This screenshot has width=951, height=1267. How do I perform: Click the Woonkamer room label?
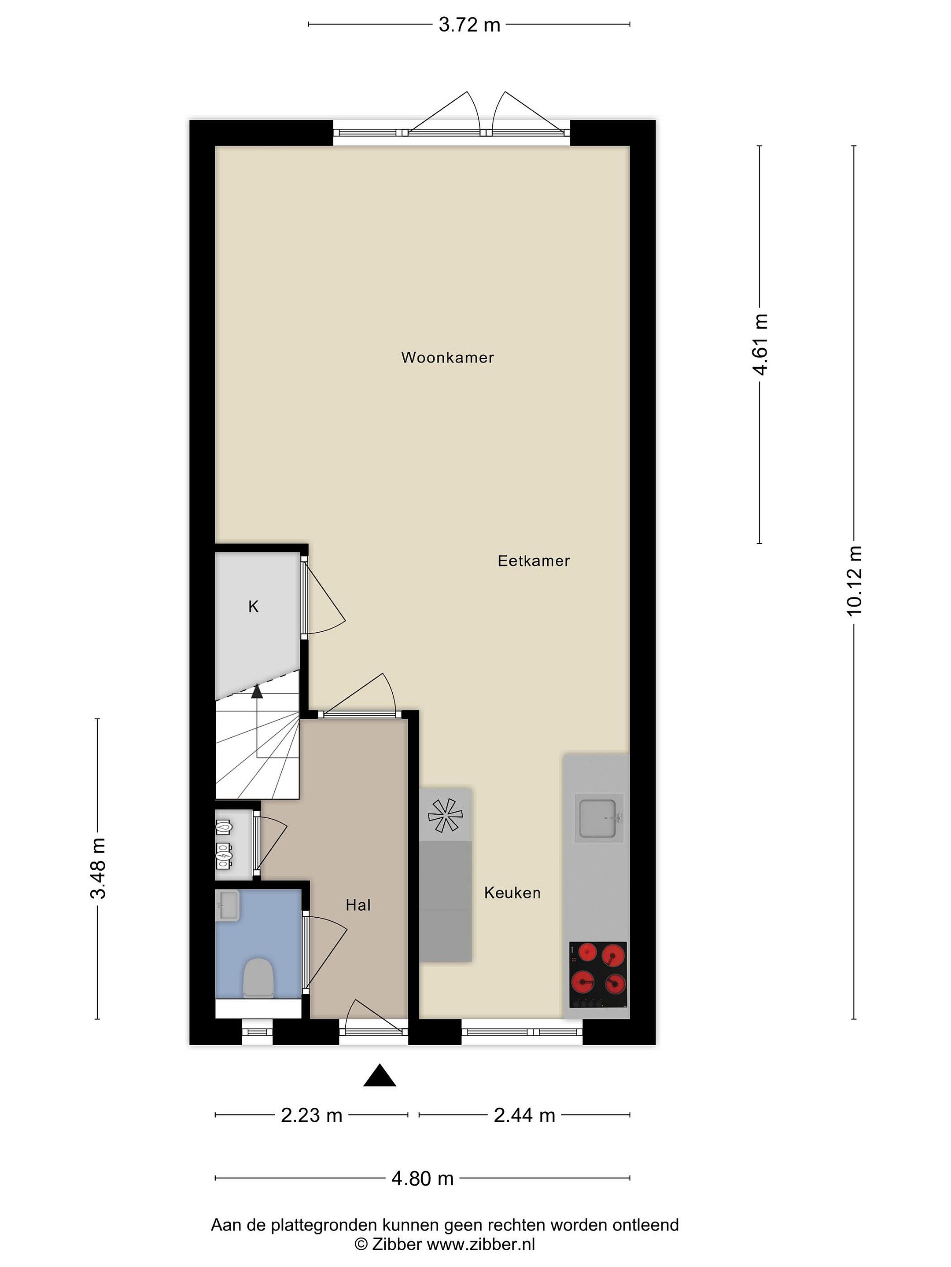tap(447, 357)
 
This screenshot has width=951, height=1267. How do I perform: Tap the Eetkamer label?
tap(534, 561)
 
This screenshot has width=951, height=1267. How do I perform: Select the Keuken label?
tap(512, 892)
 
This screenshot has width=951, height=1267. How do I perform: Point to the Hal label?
tap(358, 905)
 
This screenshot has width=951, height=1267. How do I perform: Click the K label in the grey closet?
tap(253, 607)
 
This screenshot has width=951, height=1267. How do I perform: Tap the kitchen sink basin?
tap(600, 819)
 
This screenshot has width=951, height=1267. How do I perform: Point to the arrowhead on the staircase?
tap(257, 692)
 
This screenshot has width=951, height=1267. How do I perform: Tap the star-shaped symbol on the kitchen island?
tap(445, 815)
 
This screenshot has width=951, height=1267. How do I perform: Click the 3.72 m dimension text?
tap(469, 25)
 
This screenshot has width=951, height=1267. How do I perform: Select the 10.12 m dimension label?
tap(854, 580)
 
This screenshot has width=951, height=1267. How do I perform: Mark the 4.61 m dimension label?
tap(759, 344)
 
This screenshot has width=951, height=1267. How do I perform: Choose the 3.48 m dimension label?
tap(98, 868)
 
